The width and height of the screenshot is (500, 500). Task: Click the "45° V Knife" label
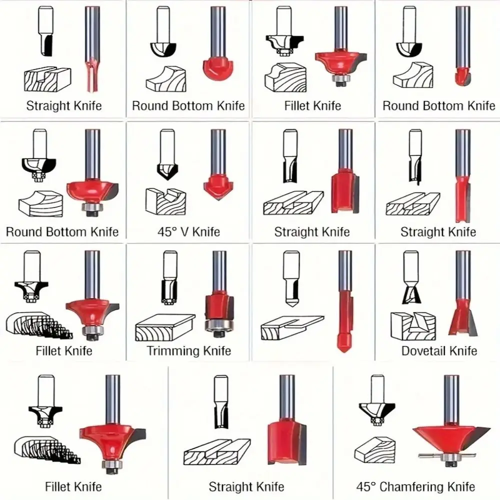coord(189,231)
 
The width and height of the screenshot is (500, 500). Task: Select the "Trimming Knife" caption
coord(189,351)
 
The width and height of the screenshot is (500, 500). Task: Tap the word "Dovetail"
coord(420,351)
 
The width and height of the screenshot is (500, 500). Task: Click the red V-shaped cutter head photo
coord(218,187)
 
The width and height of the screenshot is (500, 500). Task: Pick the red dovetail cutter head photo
coord(463,317)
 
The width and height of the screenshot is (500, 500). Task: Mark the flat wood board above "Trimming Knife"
coord(165,327)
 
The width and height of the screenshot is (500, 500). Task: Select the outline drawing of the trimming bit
coord(169,277)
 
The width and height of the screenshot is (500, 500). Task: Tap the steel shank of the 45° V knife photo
coord(218,152)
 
